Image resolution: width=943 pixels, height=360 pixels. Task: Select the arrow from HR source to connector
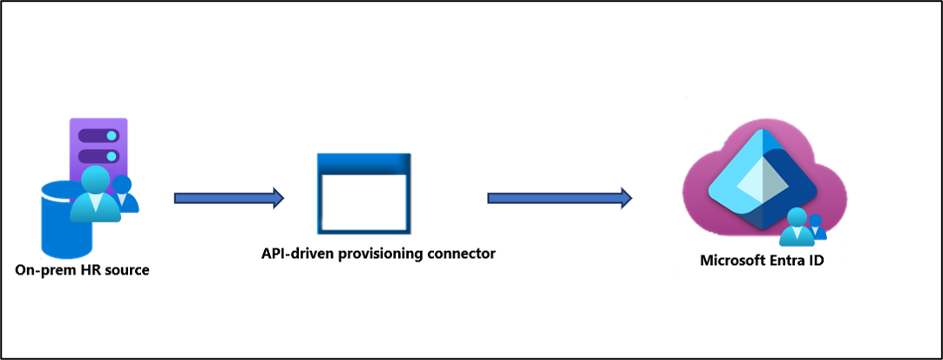(229, 198)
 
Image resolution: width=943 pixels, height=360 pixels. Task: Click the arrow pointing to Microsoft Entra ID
(560, 198)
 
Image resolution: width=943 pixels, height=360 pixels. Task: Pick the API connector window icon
(363, 193)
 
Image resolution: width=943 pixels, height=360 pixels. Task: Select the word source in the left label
(122, 271)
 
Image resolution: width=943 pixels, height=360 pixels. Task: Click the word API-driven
(292, 254)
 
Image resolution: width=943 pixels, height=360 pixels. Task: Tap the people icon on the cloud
(803, 228)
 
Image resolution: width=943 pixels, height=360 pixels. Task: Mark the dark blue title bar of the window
(363, 164)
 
